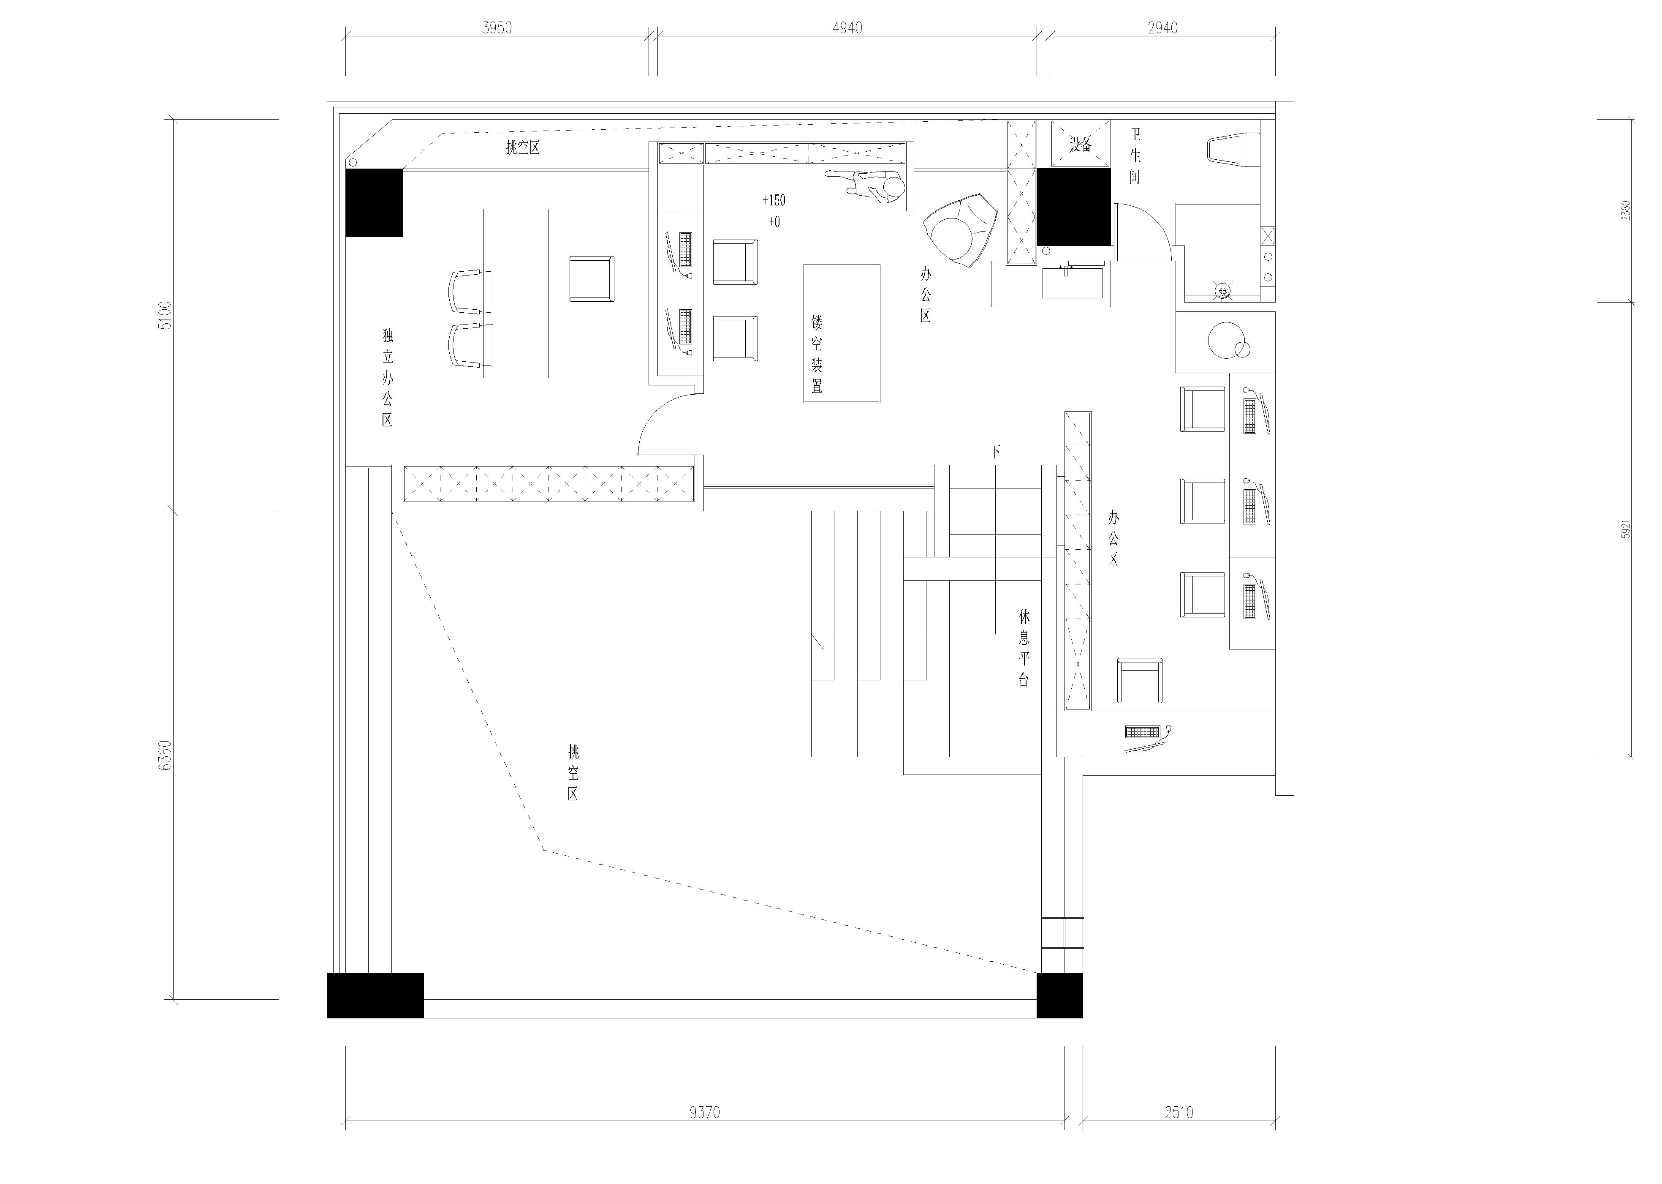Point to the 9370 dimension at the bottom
point(705,1112)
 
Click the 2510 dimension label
point(1179,1112)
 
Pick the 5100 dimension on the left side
point(166,315)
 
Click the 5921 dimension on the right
point(1626,529)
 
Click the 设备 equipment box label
point(1081,145)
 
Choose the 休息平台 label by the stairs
point(1024,647)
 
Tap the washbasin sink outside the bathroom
point(1073,283)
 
